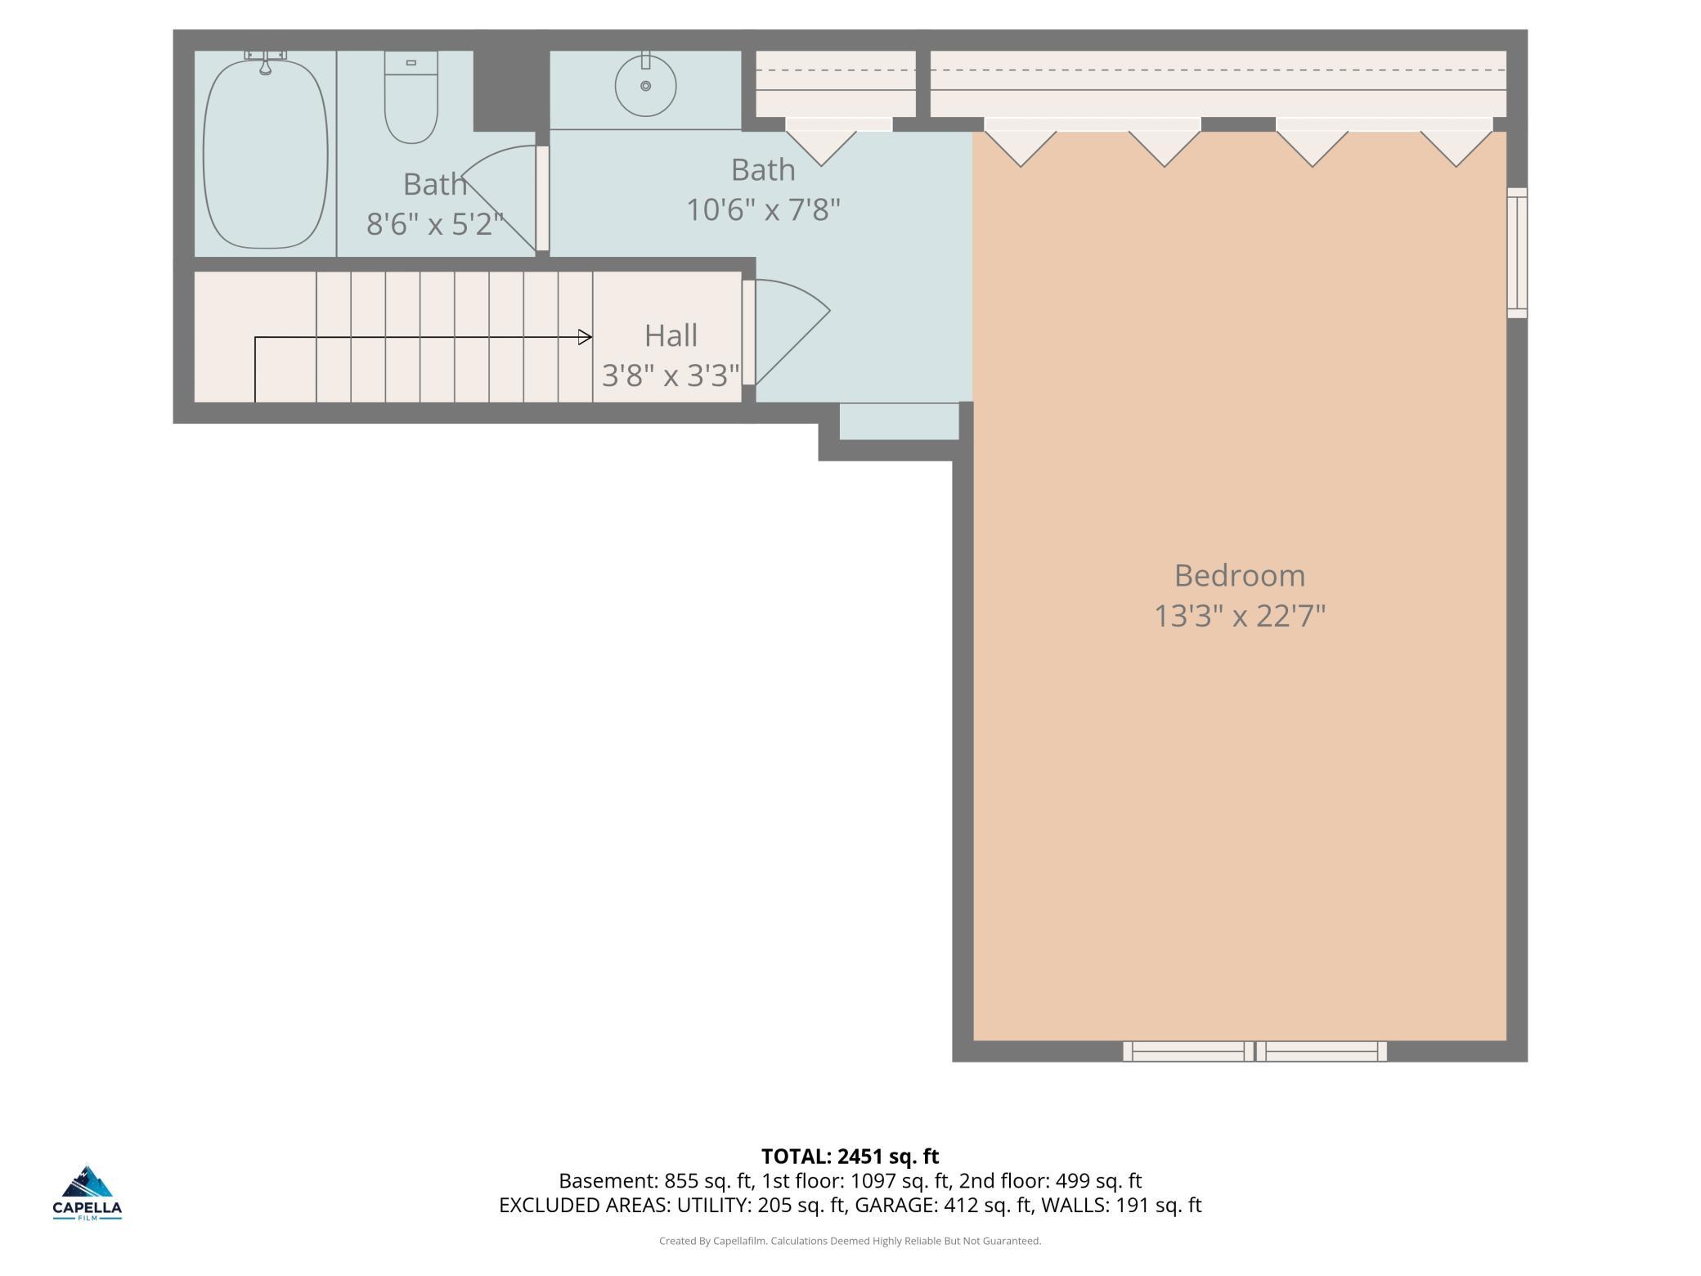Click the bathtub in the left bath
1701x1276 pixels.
point(265,153)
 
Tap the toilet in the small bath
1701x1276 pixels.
point(411,97)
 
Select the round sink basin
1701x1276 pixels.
point(645,85)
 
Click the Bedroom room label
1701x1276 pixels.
point(1239,576)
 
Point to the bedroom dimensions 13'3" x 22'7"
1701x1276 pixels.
point(1239,616)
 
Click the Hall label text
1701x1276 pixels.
point(671,335)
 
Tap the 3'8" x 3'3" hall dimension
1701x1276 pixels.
point(671,375)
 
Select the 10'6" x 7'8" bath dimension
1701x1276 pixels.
point(763,210)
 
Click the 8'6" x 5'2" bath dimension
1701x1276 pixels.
point(434,223)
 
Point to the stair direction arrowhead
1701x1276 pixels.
point(586,337)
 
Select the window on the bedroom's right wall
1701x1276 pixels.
point(1517,253)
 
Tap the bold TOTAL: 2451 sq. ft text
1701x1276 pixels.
point(850,1157)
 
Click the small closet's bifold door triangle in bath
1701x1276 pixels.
point(822,148)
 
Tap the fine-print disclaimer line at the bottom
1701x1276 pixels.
point(850,1242)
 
